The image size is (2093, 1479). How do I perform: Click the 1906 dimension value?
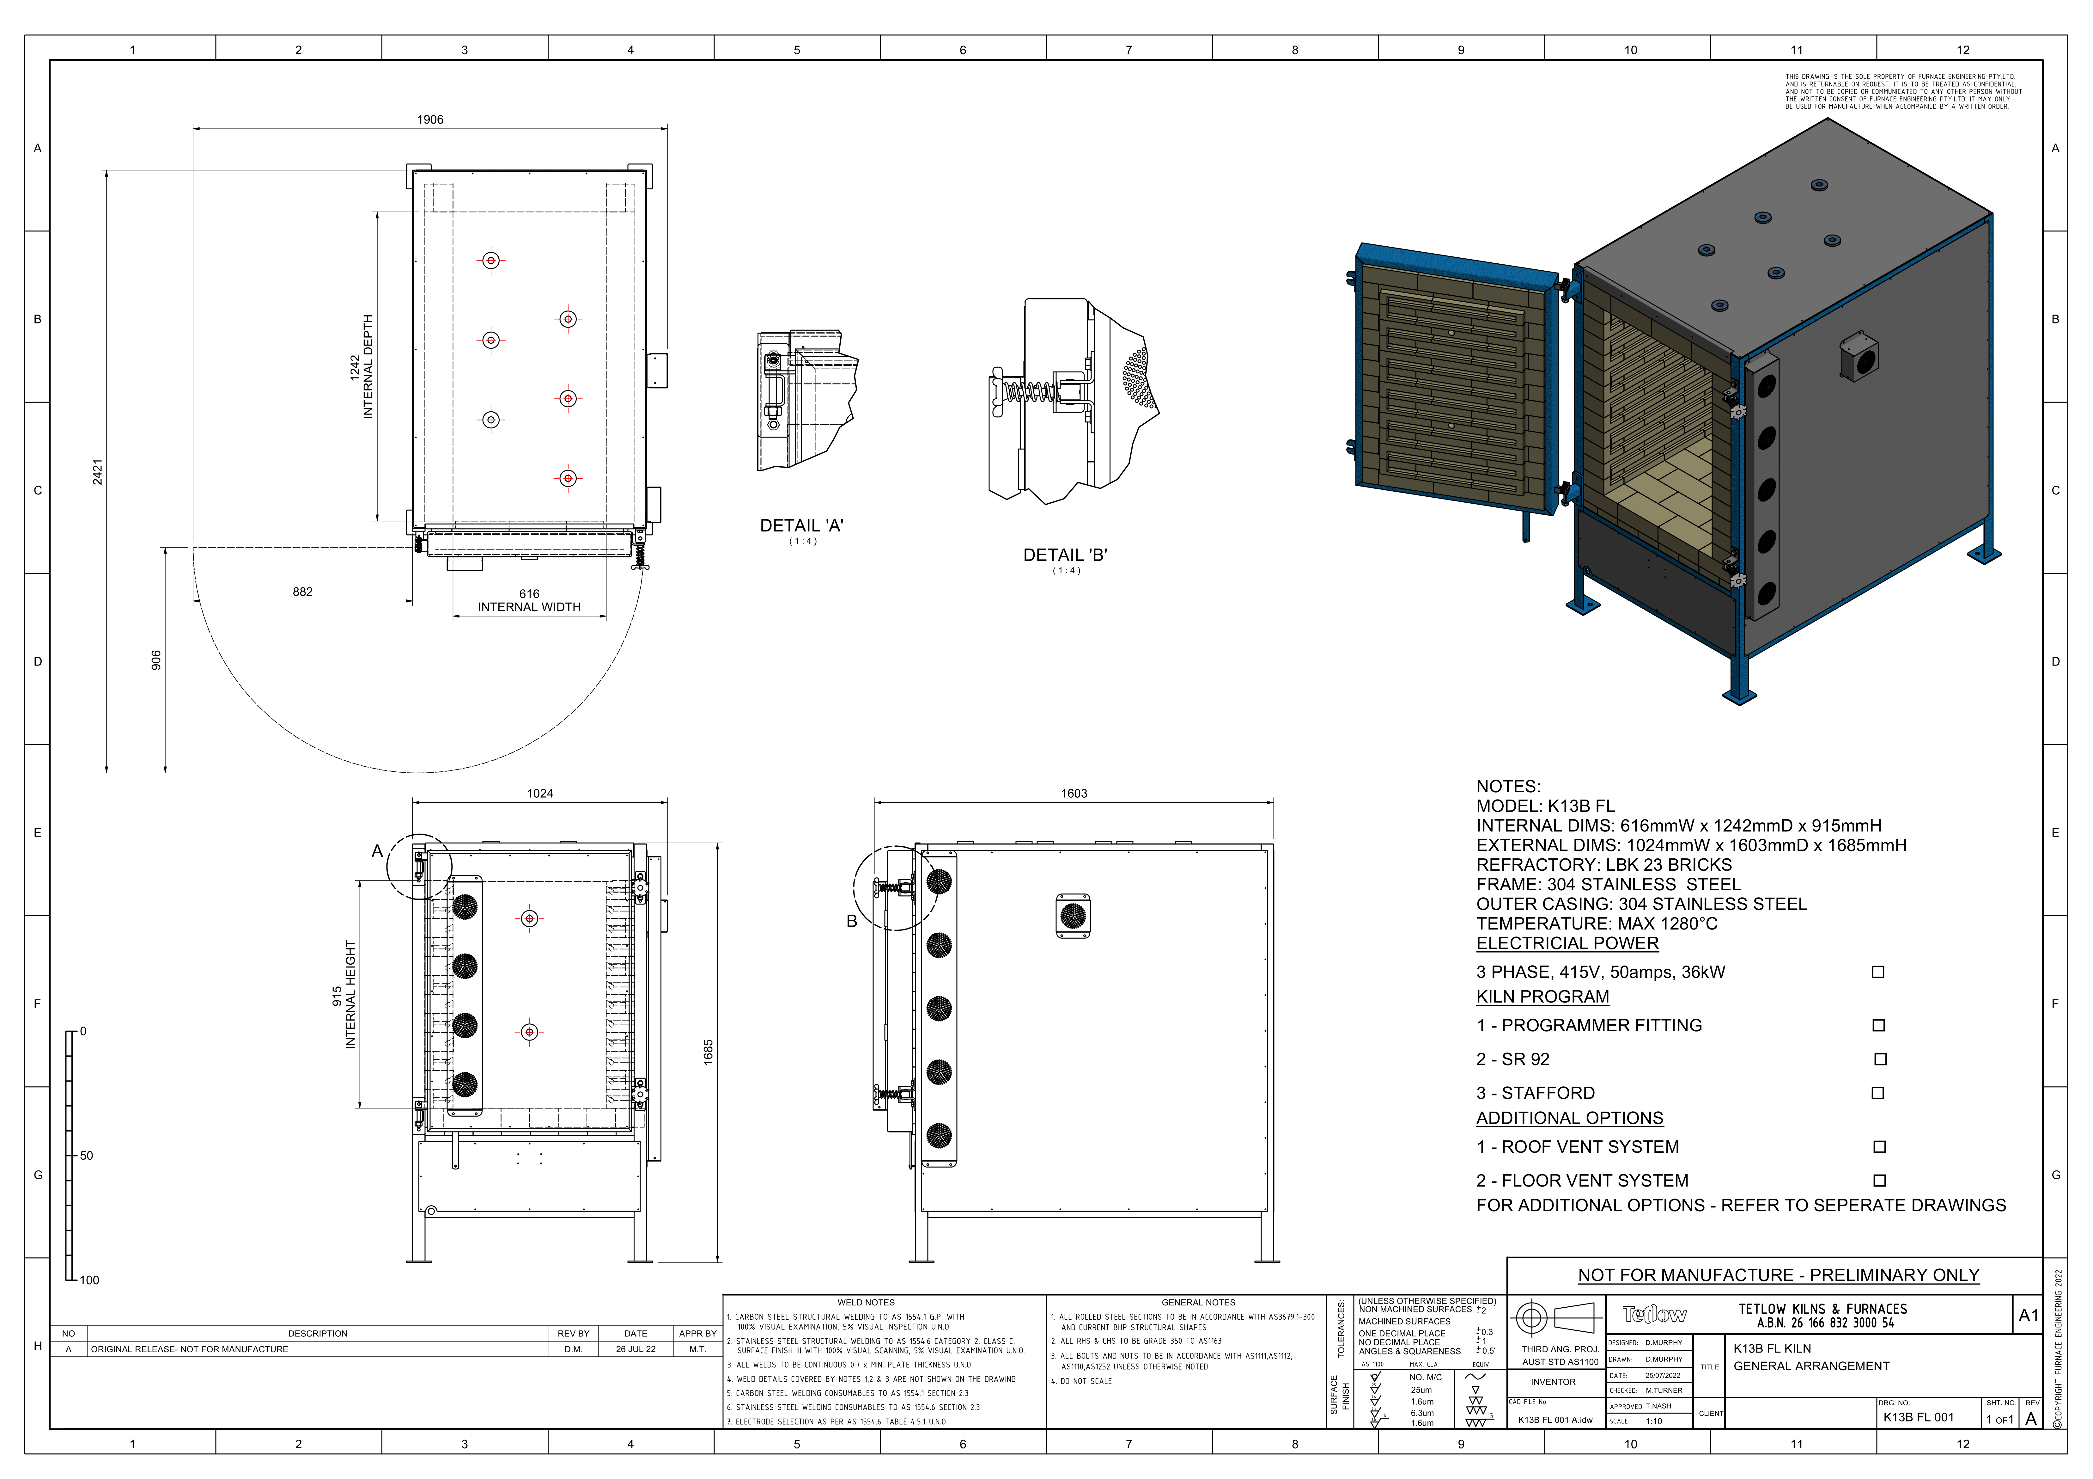point(430,120)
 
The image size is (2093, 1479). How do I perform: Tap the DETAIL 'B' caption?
point(1065,555)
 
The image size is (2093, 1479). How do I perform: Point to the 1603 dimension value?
point(1074,793)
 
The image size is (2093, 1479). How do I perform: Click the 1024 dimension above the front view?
point(540,793)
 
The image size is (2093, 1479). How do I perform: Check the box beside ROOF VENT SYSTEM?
point(1879,1147)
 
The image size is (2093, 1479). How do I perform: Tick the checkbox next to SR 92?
point(1880,1059)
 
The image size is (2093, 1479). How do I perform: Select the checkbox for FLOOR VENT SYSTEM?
point(1879,1181)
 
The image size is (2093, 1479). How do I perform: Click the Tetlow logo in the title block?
point(1655,1314)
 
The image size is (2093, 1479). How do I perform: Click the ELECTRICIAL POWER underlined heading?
point(1567,944)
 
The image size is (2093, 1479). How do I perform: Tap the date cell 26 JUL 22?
point(636,1349)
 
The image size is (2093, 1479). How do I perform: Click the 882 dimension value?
point(303,592)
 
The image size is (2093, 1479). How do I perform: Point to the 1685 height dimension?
point(708,1051)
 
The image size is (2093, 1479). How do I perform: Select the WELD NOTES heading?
point(866,1303)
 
